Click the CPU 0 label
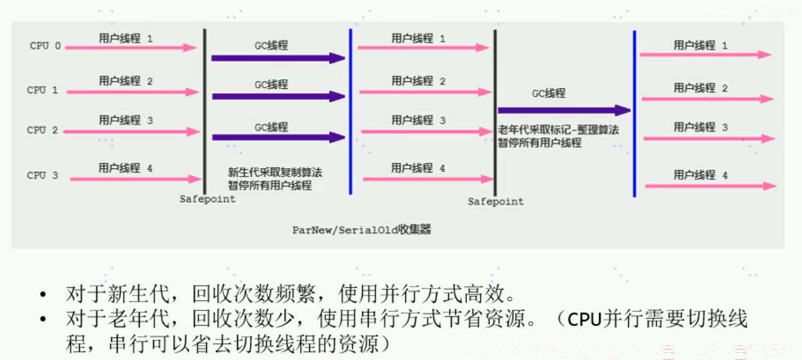click(x=45, y=46)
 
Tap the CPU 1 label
click(x=43, y=90)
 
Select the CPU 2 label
click(x=43, y=130)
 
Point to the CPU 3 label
click(x=43, y=175)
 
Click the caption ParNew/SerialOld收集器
click(x=361, y=230)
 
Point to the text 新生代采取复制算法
click(x=275, y=173)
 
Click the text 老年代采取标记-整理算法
click(x=558, y=129)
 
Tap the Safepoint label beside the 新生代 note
click(x=207, y=199)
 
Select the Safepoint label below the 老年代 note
click(x=496, y=202)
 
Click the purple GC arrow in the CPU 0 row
click(x=278, y=58)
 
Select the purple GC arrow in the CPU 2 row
click(x=278, y=137)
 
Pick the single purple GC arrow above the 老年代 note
click(x=564, y=110)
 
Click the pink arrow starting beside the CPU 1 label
click(x=133, y=92)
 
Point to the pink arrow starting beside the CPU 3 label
click(x=136, y=179)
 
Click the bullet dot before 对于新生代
click(x=43, y=294)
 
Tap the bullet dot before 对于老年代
click(x=43, y=319)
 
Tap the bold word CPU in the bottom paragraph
click(x=584, y=319)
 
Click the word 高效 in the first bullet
click(x=484, y=294)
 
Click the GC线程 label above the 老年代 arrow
click(x=549, y=93)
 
